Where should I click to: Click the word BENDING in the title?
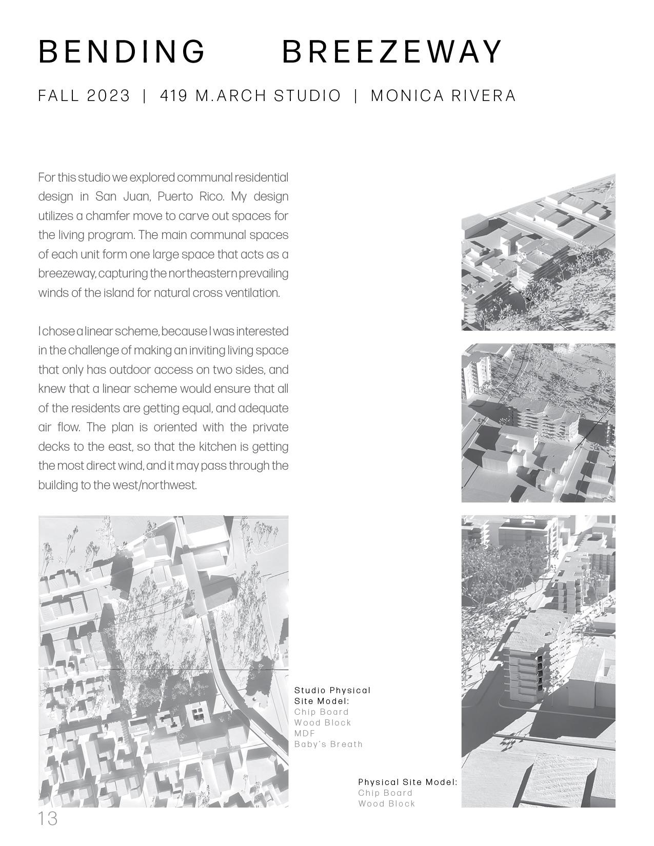pos(122,52)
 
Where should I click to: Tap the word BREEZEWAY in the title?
pos(392,52)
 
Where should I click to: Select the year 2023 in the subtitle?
pos(108,96)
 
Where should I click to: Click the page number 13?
pos(48,819)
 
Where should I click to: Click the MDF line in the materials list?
pos(305,733)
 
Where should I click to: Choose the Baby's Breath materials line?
pos(328,744)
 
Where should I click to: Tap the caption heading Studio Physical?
pos(332,690)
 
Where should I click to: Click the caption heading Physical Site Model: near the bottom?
pos(407,782)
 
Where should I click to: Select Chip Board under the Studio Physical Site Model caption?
pos(321,712)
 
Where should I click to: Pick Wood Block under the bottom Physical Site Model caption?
pos(386,803)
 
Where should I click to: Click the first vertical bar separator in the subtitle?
pos(145,96)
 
